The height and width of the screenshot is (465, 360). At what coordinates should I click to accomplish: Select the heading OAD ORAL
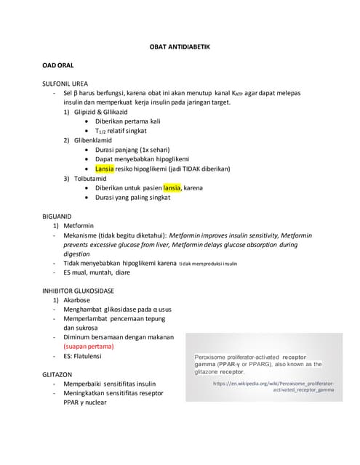(x=60, y=65)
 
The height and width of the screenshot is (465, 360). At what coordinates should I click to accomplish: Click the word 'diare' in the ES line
(x=129, y=273)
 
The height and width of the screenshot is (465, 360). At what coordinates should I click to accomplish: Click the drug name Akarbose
(x=81, y=301)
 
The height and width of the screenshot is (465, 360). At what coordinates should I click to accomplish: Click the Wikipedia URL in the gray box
(x=273, y=386)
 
